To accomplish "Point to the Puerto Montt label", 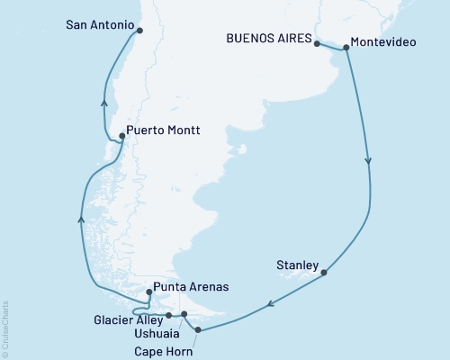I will pos(163,130).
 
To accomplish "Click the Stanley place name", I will pos(297,265).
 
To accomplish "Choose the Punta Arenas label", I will pos(191,287).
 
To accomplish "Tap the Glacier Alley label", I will pos(128,319).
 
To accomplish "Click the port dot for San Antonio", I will pos(139,31).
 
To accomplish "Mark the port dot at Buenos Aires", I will pos(317,41).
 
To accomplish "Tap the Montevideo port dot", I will pos(346,50).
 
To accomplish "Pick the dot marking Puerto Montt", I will pos(121,136).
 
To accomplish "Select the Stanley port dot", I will pos(324,272).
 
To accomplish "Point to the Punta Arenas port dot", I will pos(149,292).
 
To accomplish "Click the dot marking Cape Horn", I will pos(198,331).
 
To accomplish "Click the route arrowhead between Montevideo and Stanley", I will pos(369,160).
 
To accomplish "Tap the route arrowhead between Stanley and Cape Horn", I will pos(268,309).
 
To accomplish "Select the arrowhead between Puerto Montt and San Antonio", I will pos(105,102).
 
